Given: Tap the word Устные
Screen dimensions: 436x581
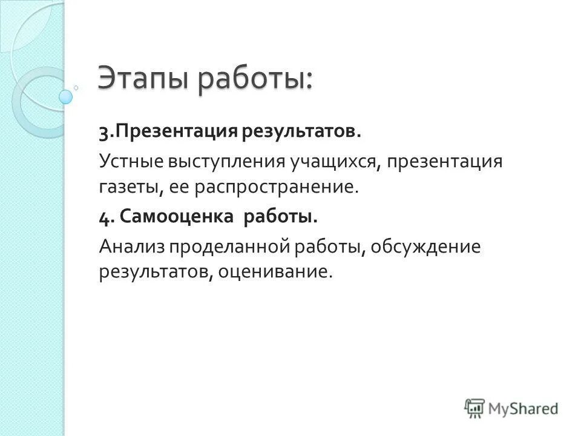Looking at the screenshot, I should [129, 162].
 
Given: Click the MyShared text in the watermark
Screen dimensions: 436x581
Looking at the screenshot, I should [524, 409].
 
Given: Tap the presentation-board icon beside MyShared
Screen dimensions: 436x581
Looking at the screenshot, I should [475, 408].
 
